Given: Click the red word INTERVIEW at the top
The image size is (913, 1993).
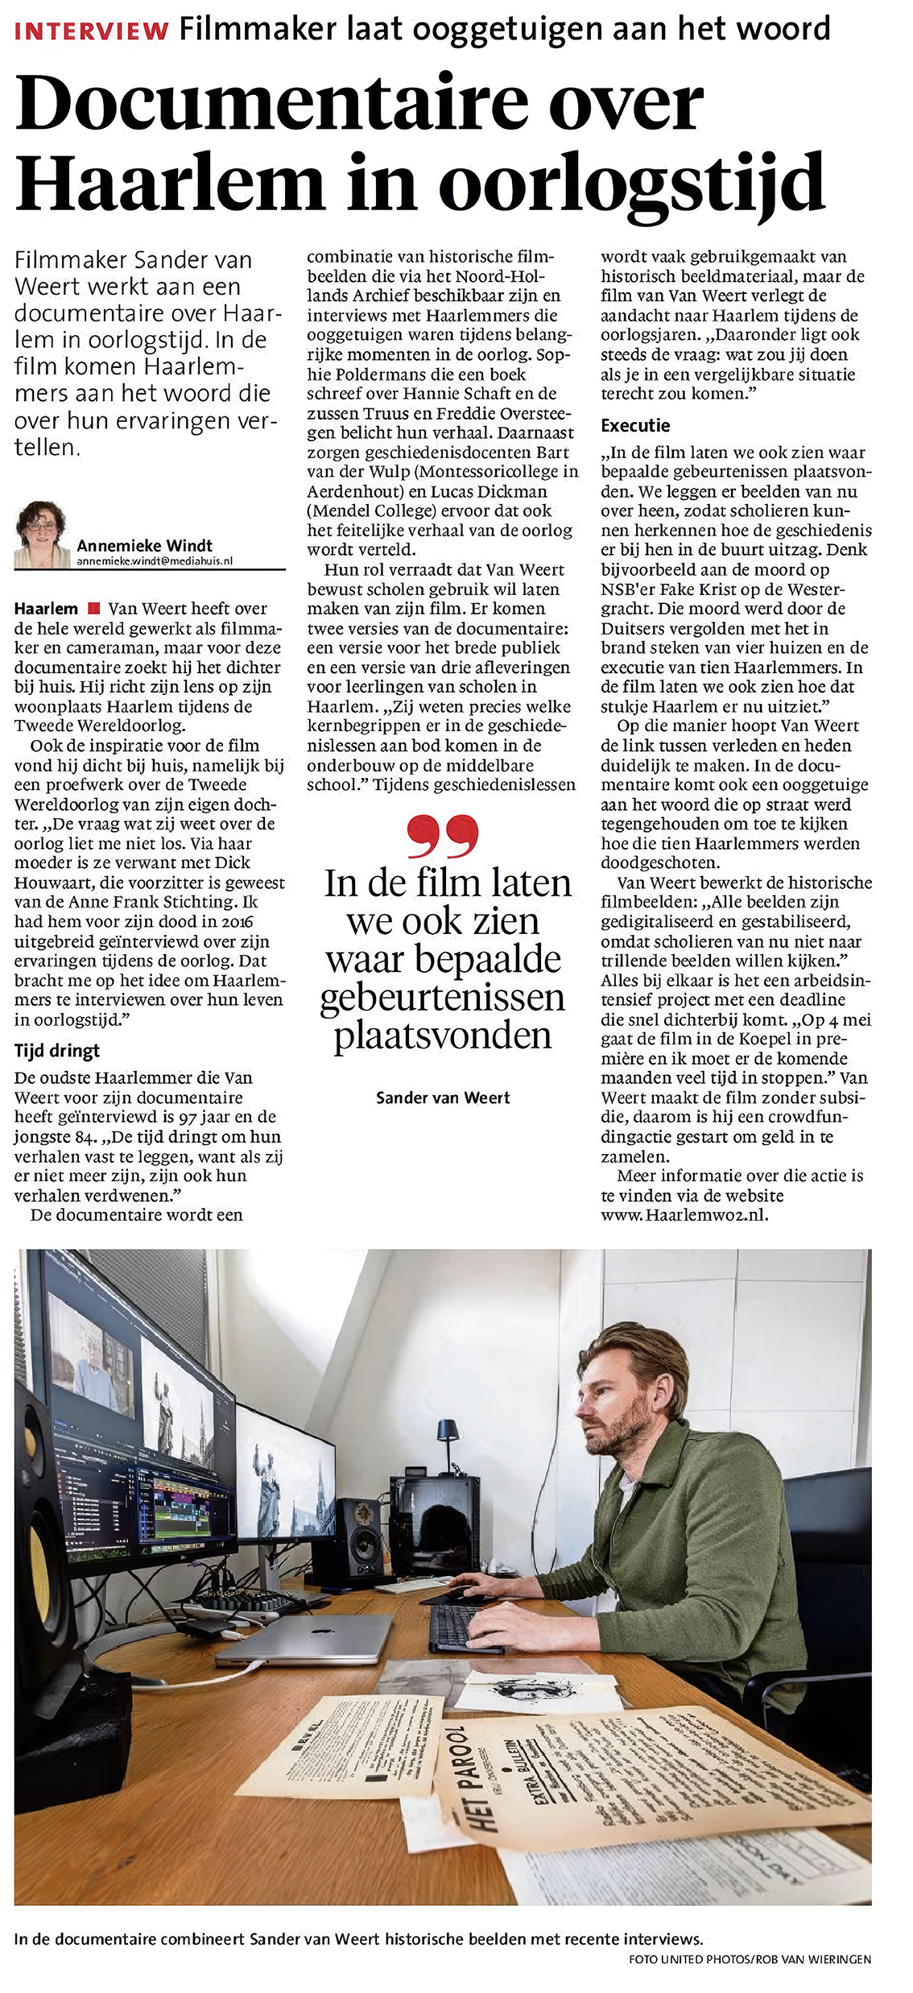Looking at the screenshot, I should tap(92, 31).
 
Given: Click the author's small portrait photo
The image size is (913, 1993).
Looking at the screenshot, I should tap(41, 535).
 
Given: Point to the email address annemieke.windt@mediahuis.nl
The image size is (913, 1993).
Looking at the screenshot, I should tap(155, 560).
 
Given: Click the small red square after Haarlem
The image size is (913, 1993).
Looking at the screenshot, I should tap(93, 608).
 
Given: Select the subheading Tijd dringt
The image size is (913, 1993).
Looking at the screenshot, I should tap(57, 1051).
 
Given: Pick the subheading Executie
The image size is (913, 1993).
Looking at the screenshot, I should tap(635, 425).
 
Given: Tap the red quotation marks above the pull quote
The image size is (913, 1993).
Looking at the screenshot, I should tap(442, 835).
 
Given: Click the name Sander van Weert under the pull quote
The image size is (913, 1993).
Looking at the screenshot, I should tap(443, 1098).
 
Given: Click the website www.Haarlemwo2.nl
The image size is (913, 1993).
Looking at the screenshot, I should tap(684, 1215).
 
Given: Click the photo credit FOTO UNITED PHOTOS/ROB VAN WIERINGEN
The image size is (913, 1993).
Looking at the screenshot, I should tap(750, 1959).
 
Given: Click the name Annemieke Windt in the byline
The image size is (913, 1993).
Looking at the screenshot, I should tap(145, 545).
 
